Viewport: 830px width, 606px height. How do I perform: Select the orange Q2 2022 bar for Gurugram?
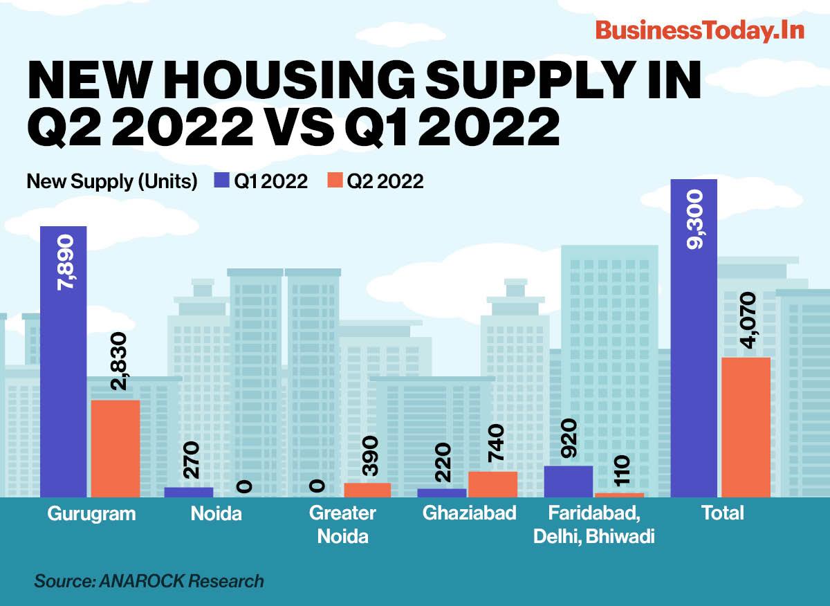116,448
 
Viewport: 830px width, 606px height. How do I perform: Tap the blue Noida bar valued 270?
188,492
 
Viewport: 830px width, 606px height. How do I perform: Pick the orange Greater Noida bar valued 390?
367,490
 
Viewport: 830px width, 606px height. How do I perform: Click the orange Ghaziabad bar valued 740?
492,484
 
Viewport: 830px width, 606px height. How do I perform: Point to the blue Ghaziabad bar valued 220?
442,493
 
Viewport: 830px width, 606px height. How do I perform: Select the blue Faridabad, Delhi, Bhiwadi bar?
569,481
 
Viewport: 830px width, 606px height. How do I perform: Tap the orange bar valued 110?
620,495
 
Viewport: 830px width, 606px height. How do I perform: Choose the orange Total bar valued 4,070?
746,427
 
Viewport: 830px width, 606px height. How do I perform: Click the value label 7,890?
64,266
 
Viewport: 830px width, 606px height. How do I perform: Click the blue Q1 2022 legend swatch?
221,181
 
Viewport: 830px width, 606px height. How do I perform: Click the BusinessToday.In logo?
699,31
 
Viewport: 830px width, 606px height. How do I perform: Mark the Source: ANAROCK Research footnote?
149,580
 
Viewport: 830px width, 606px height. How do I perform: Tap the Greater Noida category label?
342,524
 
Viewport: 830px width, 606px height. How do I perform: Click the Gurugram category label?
92,514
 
